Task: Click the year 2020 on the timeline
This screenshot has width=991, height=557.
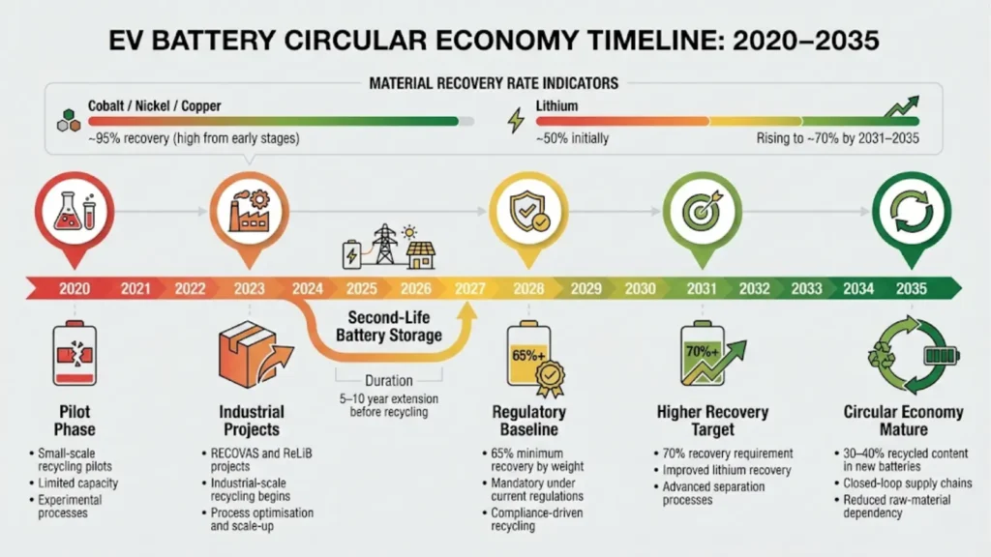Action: (x=75, y=288)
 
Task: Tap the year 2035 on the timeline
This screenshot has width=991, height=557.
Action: (x=911, y=288)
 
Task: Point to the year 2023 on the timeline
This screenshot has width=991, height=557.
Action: (x=250, y=288)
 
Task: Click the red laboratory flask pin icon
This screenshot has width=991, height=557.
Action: (x=75, y=210)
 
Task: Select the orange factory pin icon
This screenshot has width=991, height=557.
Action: (x=250, y=210)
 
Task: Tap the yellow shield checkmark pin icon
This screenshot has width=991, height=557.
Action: (x=527, y=210)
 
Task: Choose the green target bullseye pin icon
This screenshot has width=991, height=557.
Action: (x=702, y=210)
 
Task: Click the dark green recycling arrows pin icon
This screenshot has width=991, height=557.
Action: (x=911, y=210)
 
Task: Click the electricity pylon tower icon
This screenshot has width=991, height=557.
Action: (x=386, y=246)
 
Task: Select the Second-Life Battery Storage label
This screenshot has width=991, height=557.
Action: (x=388, y=327)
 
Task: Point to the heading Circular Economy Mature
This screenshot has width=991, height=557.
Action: (x=904, y=421)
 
